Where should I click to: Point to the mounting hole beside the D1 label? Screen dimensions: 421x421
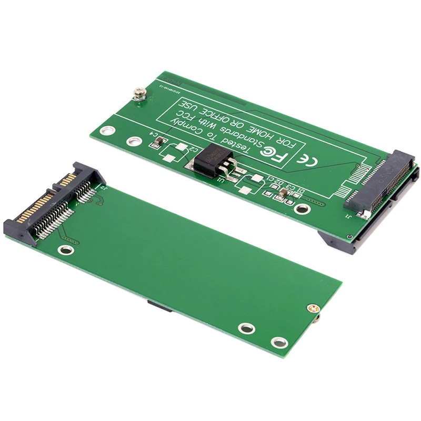click(x=302, y=209)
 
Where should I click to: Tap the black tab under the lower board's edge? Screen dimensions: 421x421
click(x=158, y=306)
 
